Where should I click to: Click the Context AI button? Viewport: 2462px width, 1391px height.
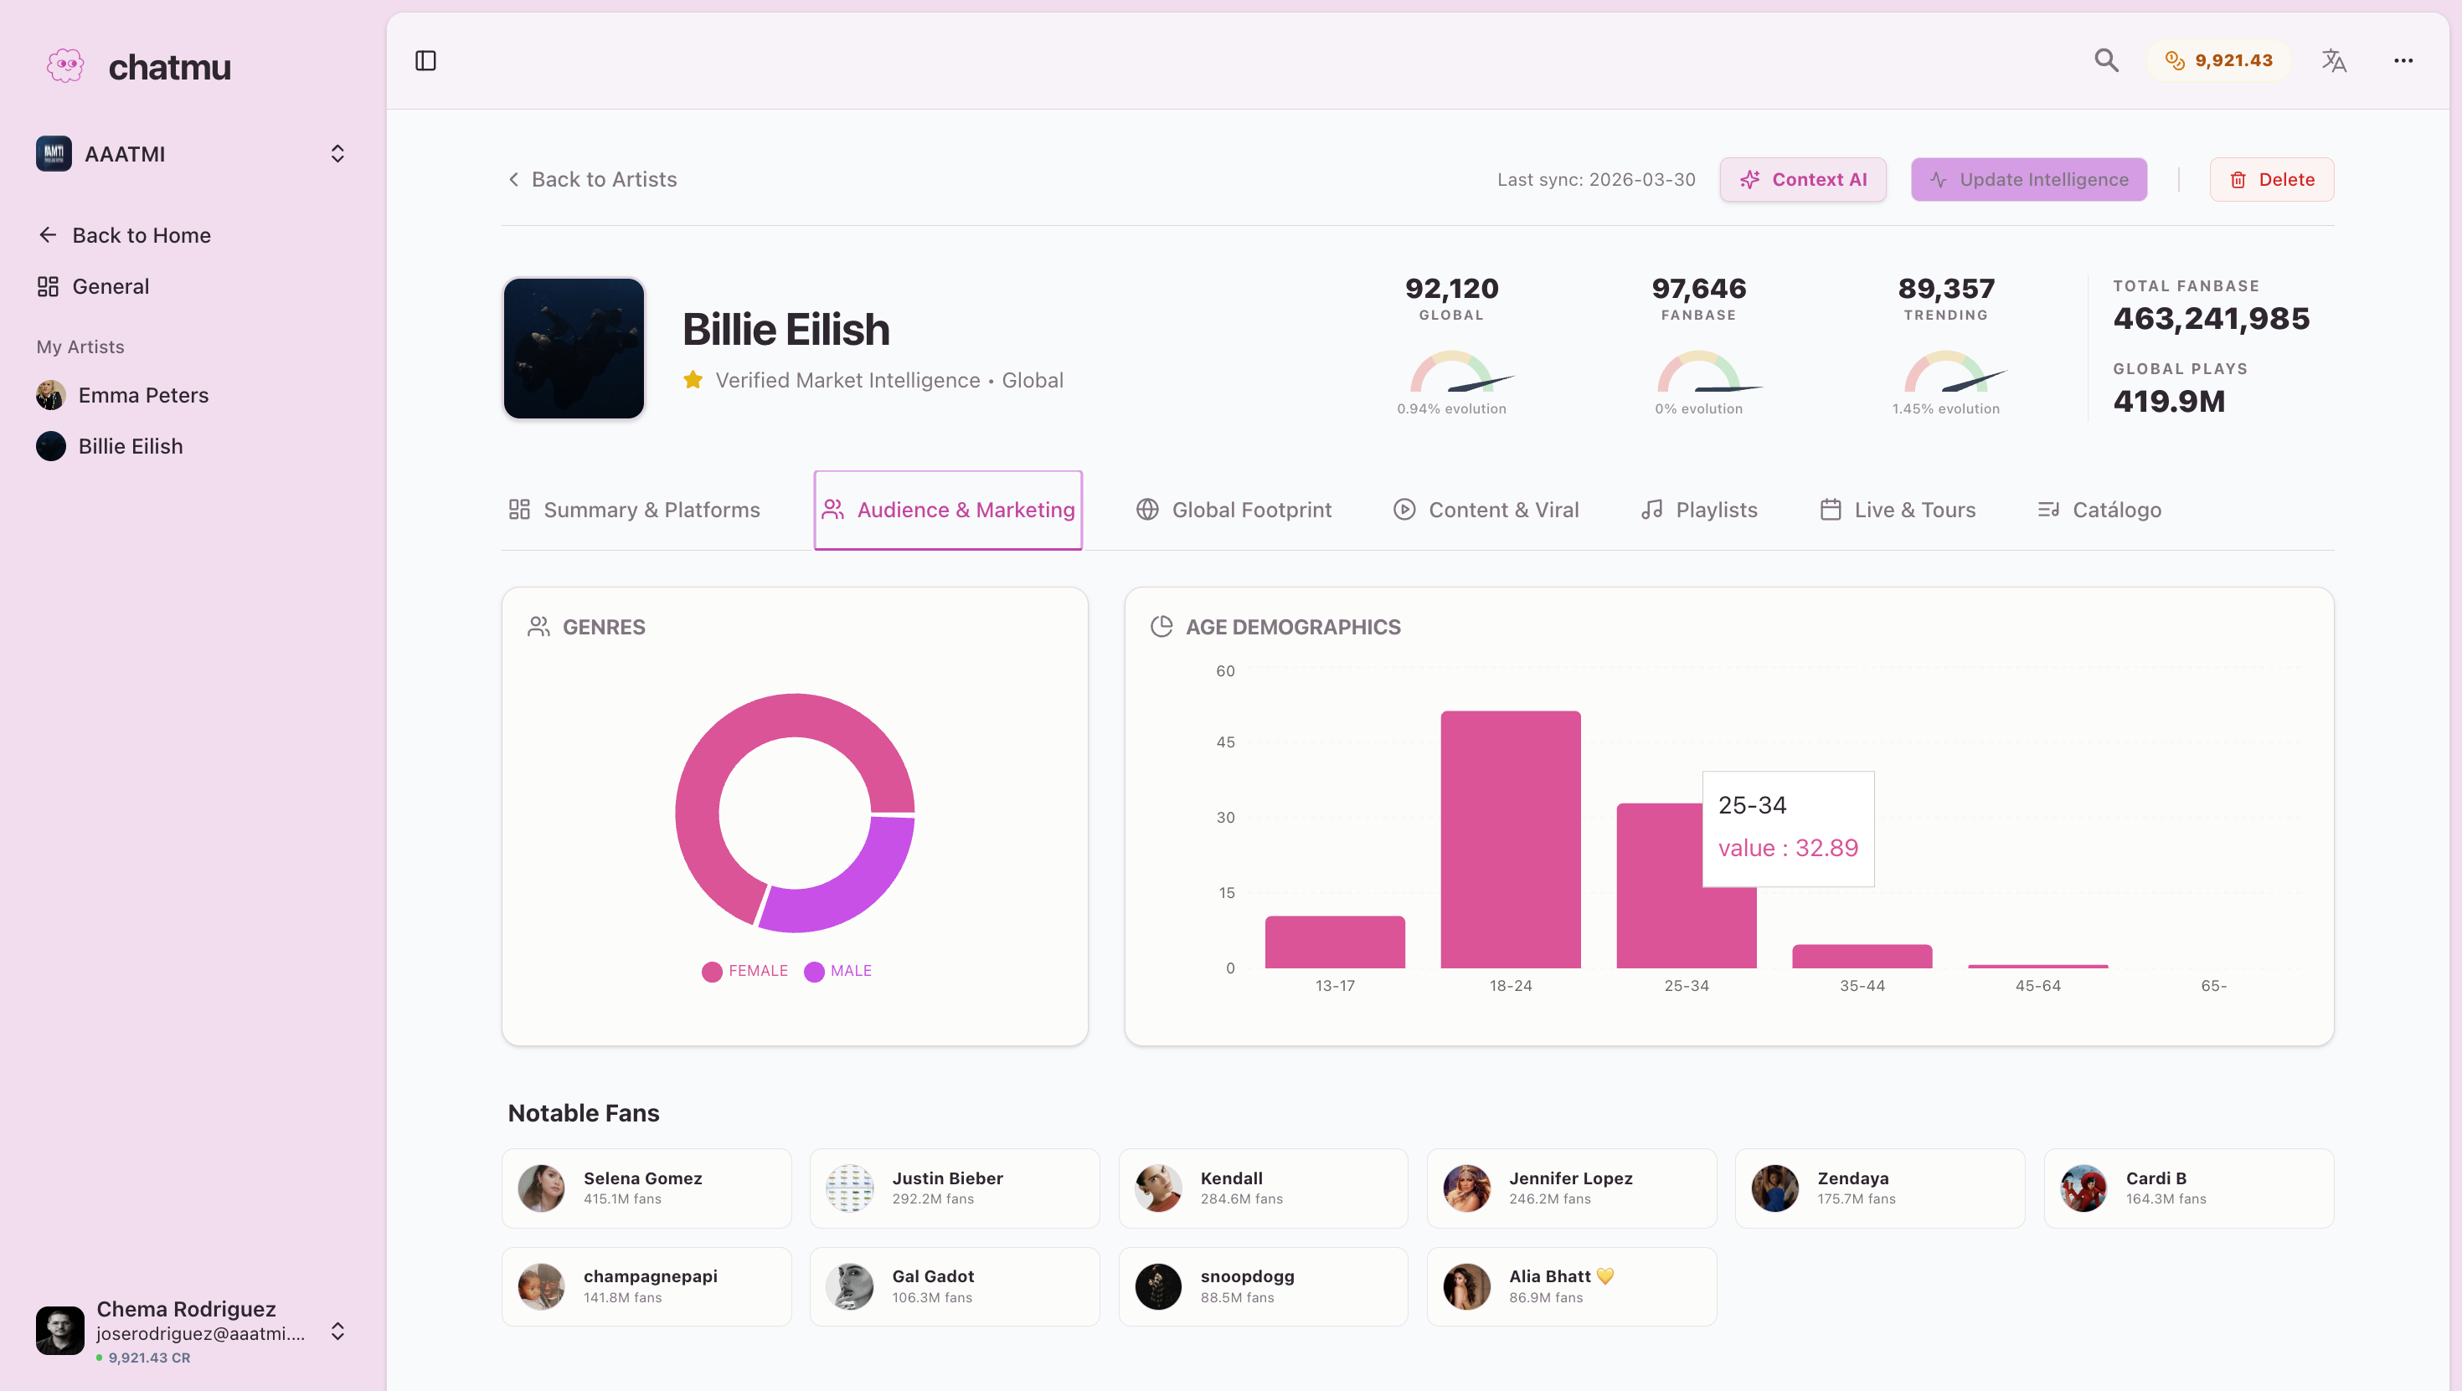(x=1802, y=180)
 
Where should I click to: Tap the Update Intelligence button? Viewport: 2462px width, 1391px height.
(x=2028, y=180)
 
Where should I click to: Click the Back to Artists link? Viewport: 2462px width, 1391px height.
(x=593, y=180)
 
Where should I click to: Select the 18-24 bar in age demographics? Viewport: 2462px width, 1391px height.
(x=1510, y=841)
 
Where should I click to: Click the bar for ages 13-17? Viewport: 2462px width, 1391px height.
(x=1334, y=942)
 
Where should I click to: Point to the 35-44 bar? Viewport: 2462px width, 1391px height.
(x=1862, y=957)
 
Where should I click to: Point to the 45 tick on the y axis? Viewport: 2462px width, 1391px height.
(x=1225, y=742)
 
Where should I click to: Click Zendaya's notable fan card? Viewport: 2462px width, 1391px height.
(x=1879, y=1188)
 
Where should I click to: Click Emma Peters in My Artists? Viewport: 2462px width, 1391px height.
(x=142, y=396)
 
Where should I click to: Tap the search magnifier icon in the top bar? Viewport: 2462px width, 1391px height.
(x=2105, y=61)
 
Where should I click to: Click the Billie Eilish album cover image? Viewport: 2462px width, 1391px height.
(x=574, y=349)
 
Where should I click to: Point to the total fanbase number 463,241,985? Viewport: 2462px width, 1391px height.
(x=2211, y=319)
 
